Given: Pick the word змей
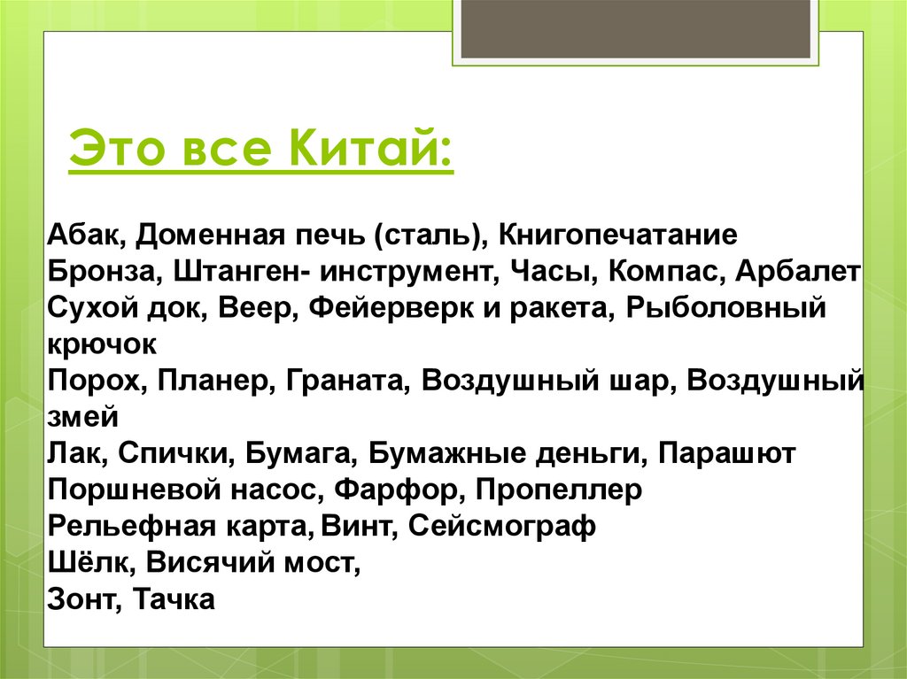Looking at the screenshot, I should coord(81,417).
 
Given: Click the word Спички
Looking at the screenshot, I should coord(171,454).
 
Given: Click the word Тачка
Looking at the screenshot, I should coord(174,599).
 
